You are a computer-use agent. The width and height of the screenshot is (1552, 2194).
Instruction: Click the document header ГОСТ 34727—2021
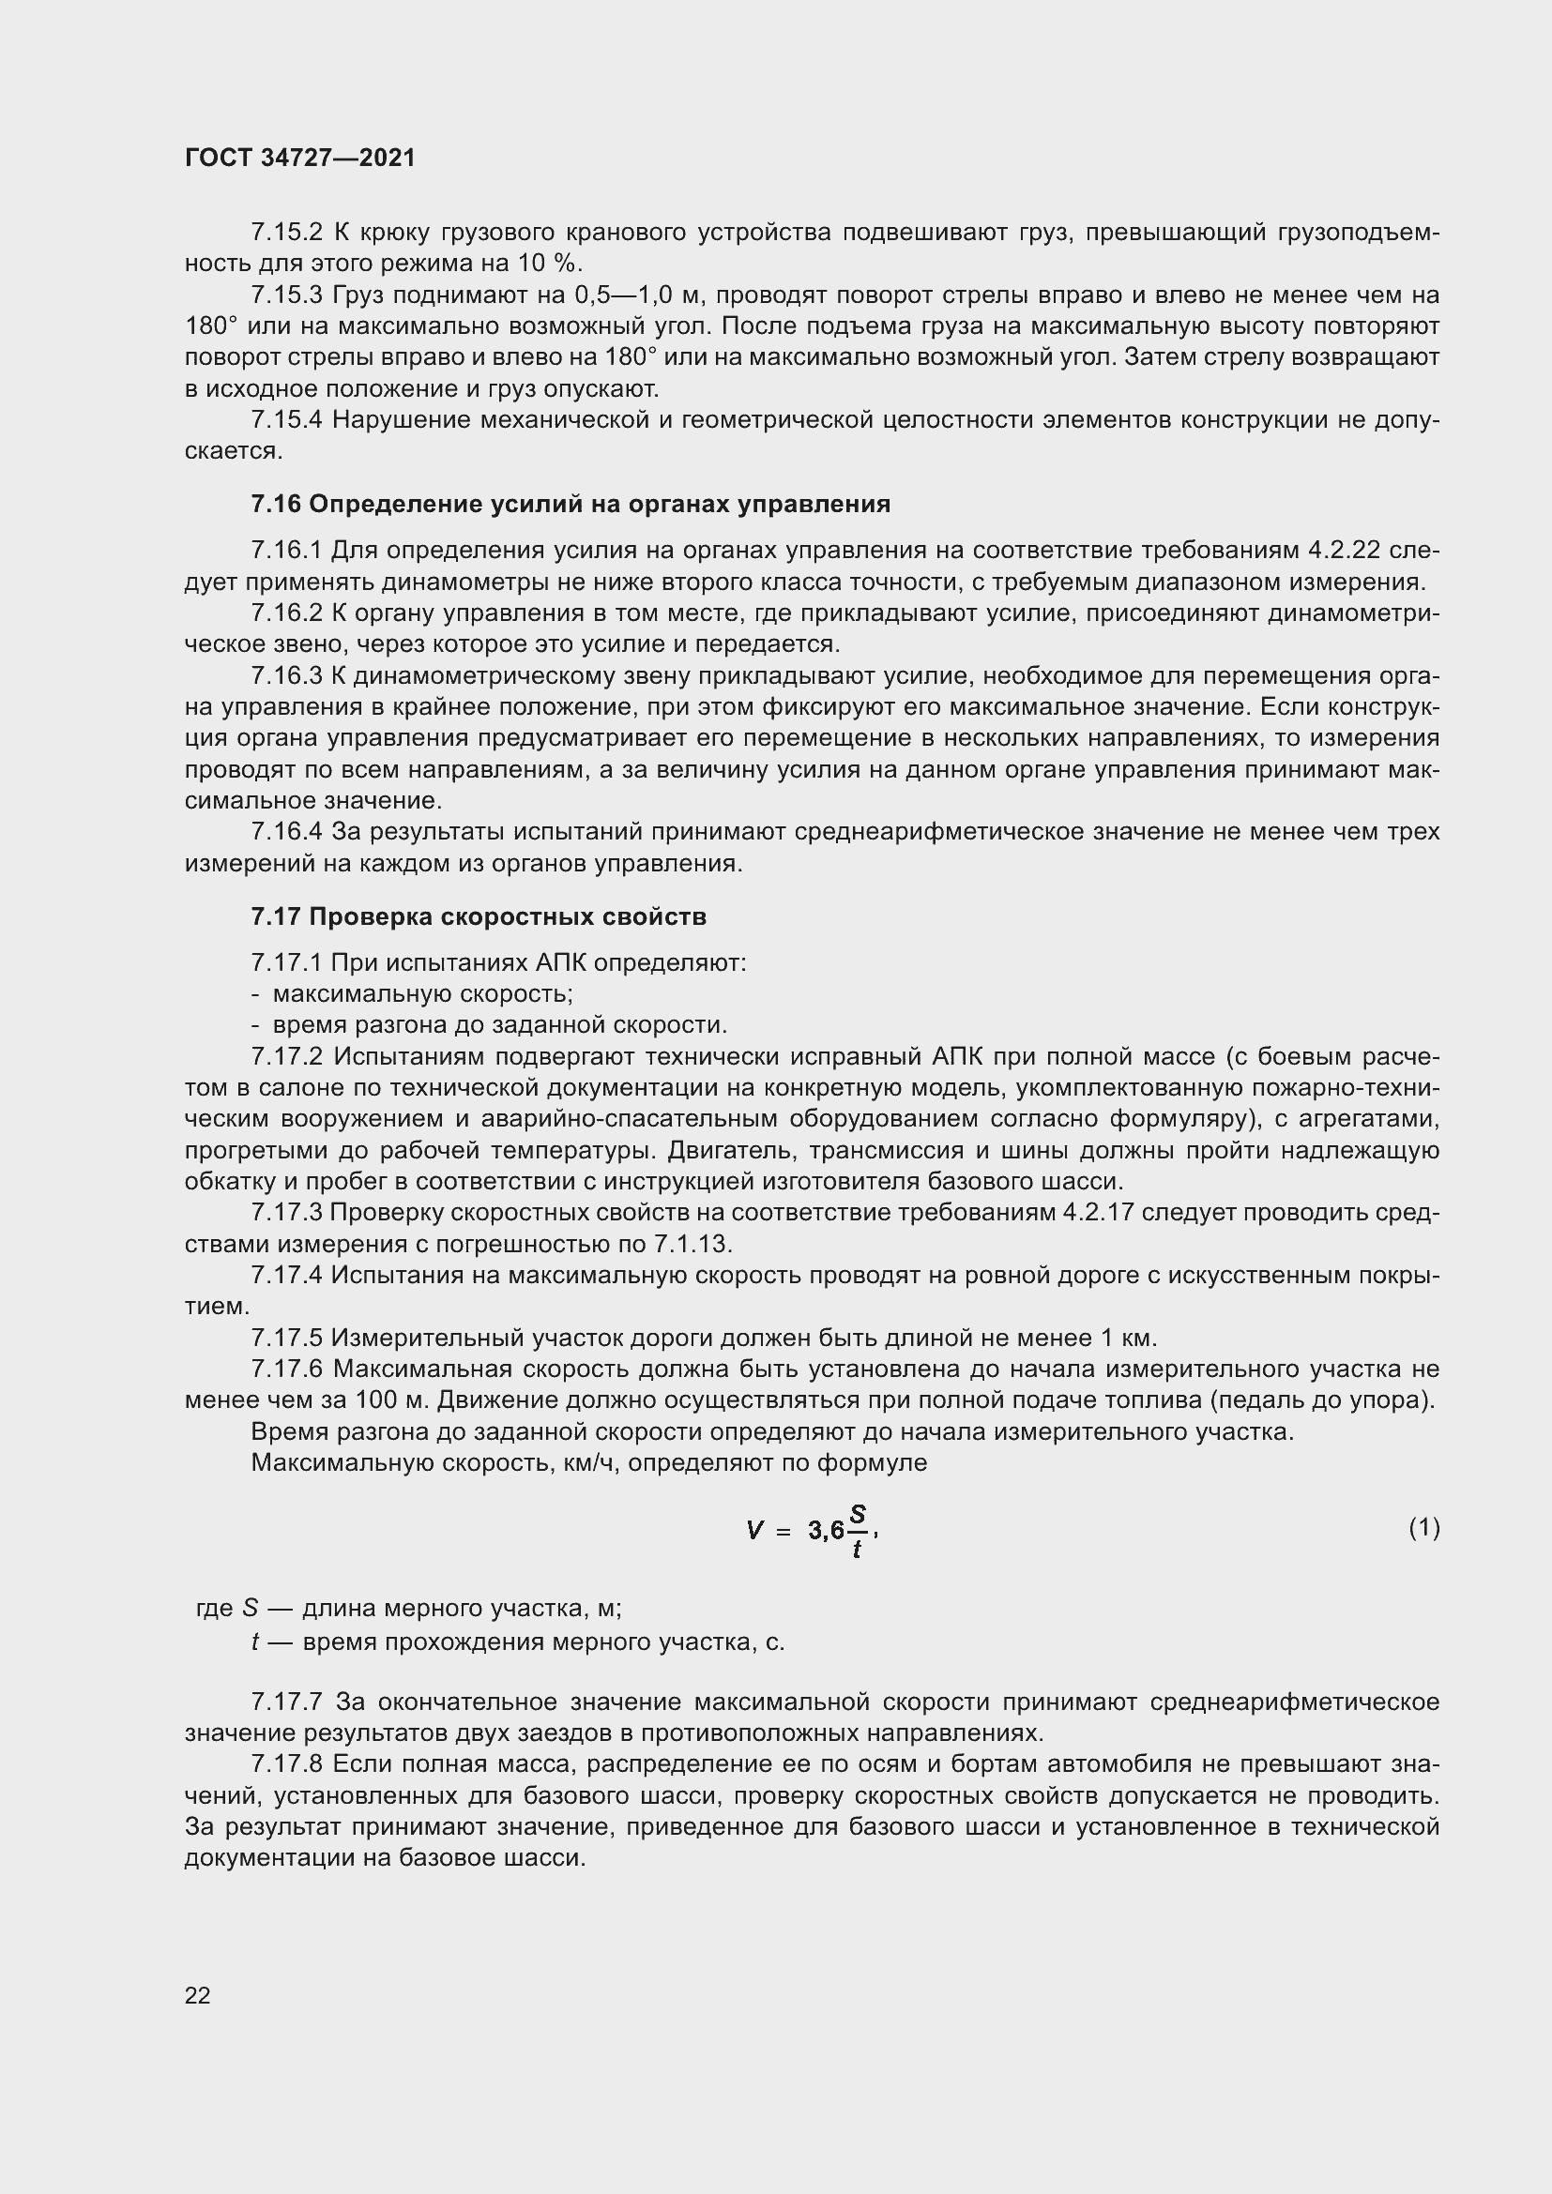click(x=300, y=159)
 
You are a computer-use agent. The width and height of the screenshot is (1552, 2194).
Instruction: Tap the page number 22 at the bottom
click(x=198, y=1995)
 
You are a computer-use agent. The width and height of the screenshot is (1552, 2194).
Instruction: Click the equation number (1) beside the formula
click(x=1424, y=1528)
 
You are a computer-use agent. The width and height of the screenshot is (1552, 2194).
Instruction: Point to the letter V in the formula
click(x=755, y=1531)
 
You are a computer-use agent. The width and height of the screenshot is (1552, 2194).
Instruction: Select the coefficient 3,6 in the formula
click(x=826, y=1531)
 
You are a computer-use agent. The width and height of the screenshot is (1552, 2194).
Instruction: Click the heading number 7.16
click(x=276, y=505)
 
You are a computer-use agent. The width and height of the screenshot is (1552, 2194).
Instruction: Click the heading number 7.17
click(x=276, y=917)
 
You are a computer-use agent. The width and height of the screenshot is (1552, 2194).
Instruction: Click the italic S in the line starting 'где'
click(x=251, y=1609)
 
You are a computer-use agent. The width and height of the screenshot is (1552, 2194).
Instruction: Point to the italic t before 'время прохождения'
click(x=255, y=1642)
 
